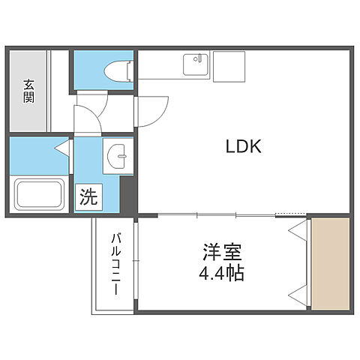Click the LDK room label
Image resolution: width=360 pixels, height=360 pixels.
click(244, 147)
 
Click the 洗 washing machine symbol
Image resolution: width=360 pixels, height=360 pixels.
click(88, 198)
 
